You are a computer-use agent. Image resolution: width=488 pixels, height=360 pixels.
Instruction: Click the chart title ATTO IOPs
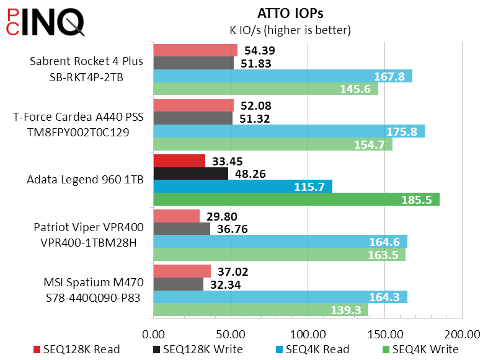[290, 14]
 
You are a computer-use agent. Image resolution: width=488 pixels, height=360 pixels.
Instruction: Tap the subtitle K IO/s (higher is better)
[290, 30]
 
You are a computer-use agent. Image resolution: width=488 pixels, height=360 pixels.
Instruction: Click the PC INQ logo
[45, 22]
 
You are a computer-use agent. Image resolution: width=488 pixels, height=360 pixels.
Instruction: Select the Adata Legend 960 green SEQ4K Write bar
[296, 200]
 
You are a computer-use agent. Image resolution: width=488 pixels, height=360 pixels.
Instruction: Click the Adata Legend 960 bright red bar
[179, 160]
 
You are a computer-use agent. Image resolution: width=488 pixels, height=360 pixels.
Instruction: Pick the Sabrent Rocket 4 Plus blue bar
[283, 76]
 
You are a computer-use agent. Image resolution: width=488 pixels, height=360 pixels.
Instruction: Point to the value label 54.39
[260, 50]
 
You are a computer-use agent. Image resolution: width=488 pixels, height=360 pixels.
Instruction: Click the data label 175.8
[401, 131]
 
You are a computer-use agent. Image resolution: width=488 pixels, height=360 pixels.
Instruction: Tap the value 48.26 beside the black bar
[251, 173]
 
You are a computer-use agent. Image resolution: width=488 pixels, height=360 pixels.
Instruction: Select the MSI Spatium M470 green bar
[261, 310]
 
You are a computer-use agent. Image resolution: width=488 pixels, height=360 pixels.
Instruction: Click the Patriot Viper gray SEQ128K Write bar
[182, 229]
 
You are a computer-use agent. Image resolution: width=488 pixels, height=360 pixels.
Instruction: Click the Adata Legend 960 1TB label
[86, 179]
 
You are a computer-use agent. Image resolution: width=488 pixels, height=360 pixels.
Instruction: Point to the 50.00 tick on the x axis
[231, 335]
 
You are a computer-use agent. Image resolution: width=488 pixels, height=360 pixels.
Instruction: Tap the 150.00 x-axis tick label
[385, 335]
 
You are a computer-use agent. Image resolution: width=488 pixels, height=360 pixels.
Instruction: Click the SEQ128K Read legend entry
[76, 349]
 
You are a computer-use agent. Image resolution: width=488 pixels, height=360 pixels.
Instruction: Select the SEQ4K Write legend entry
[420, 349]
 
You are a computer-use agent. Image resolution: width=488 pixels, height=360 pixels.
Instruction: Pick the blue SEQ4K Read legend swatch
[279, 349]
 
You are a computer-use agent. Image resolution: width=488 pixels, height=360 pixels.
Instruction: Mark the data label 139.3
[346, 310]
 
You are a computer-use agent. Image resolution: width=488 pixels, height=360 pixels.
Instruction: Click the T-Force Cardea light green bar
[273, 144]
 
